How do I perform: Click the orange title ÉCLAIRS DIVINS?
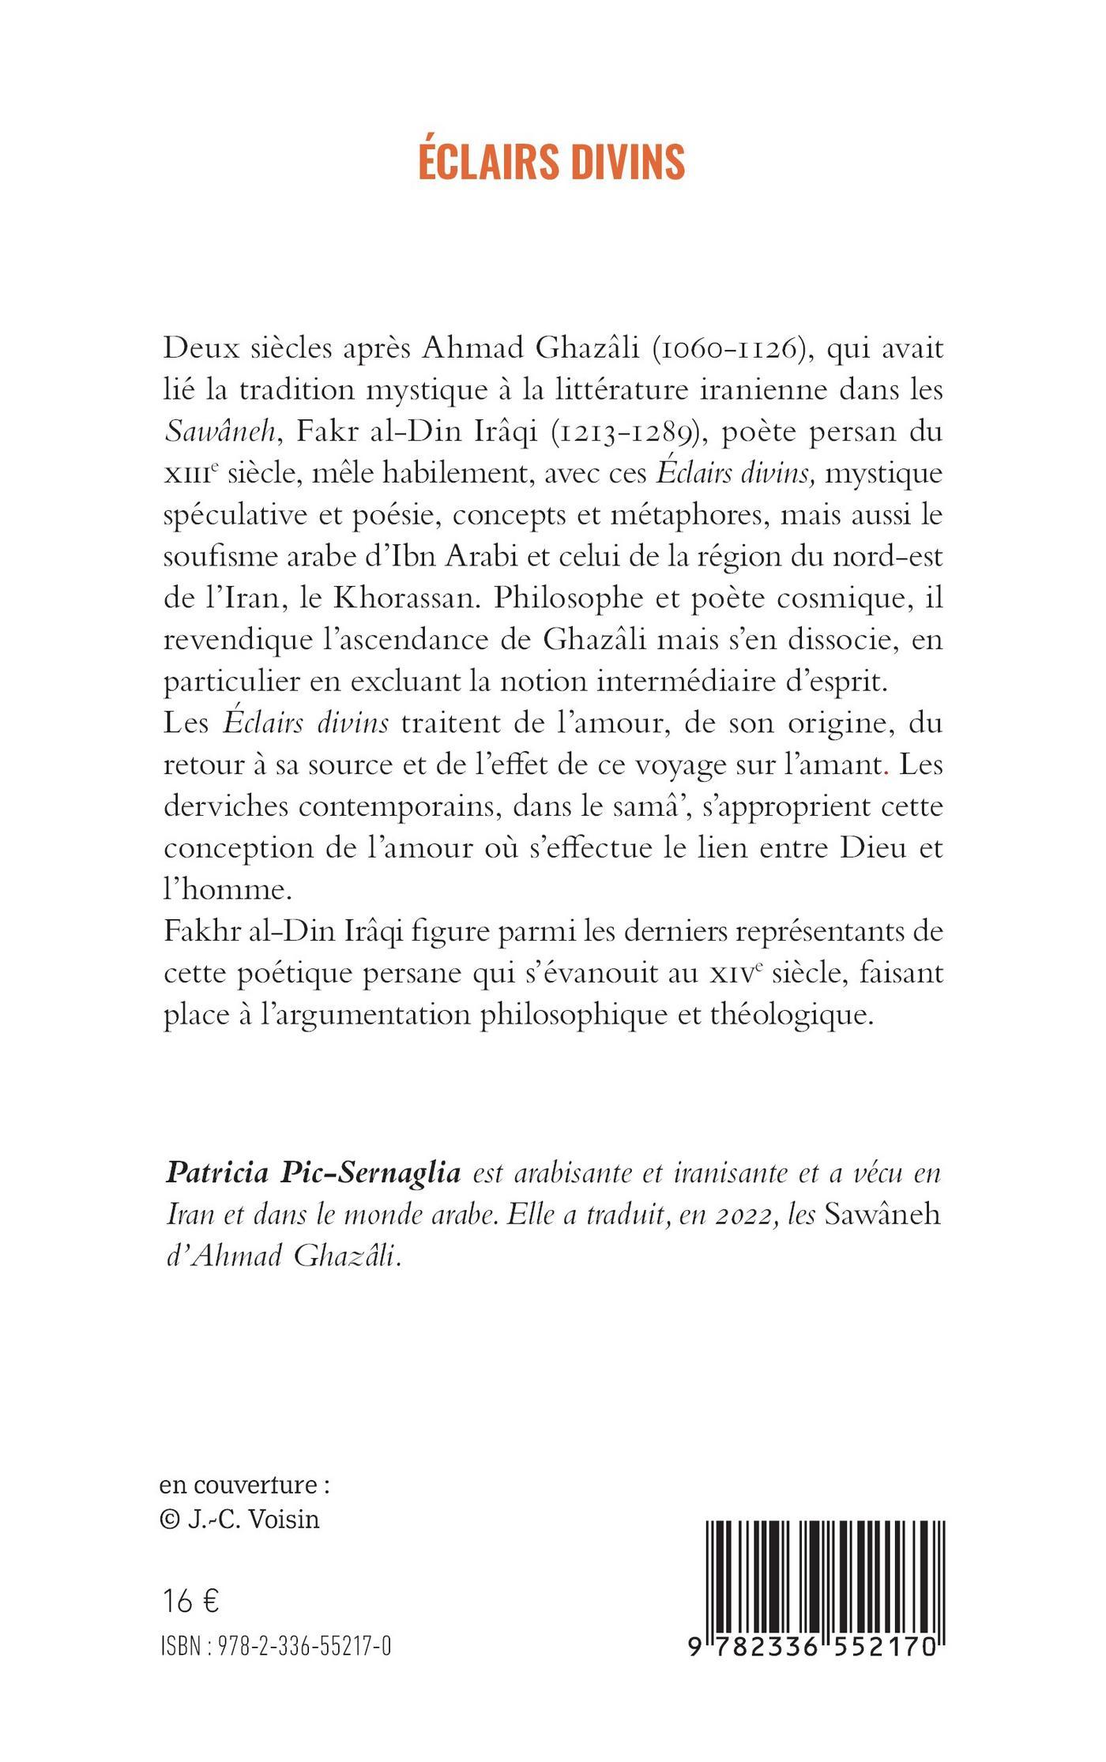[x=551, y=162]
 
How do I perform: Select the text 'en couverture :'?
[x=244, y=1485]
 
